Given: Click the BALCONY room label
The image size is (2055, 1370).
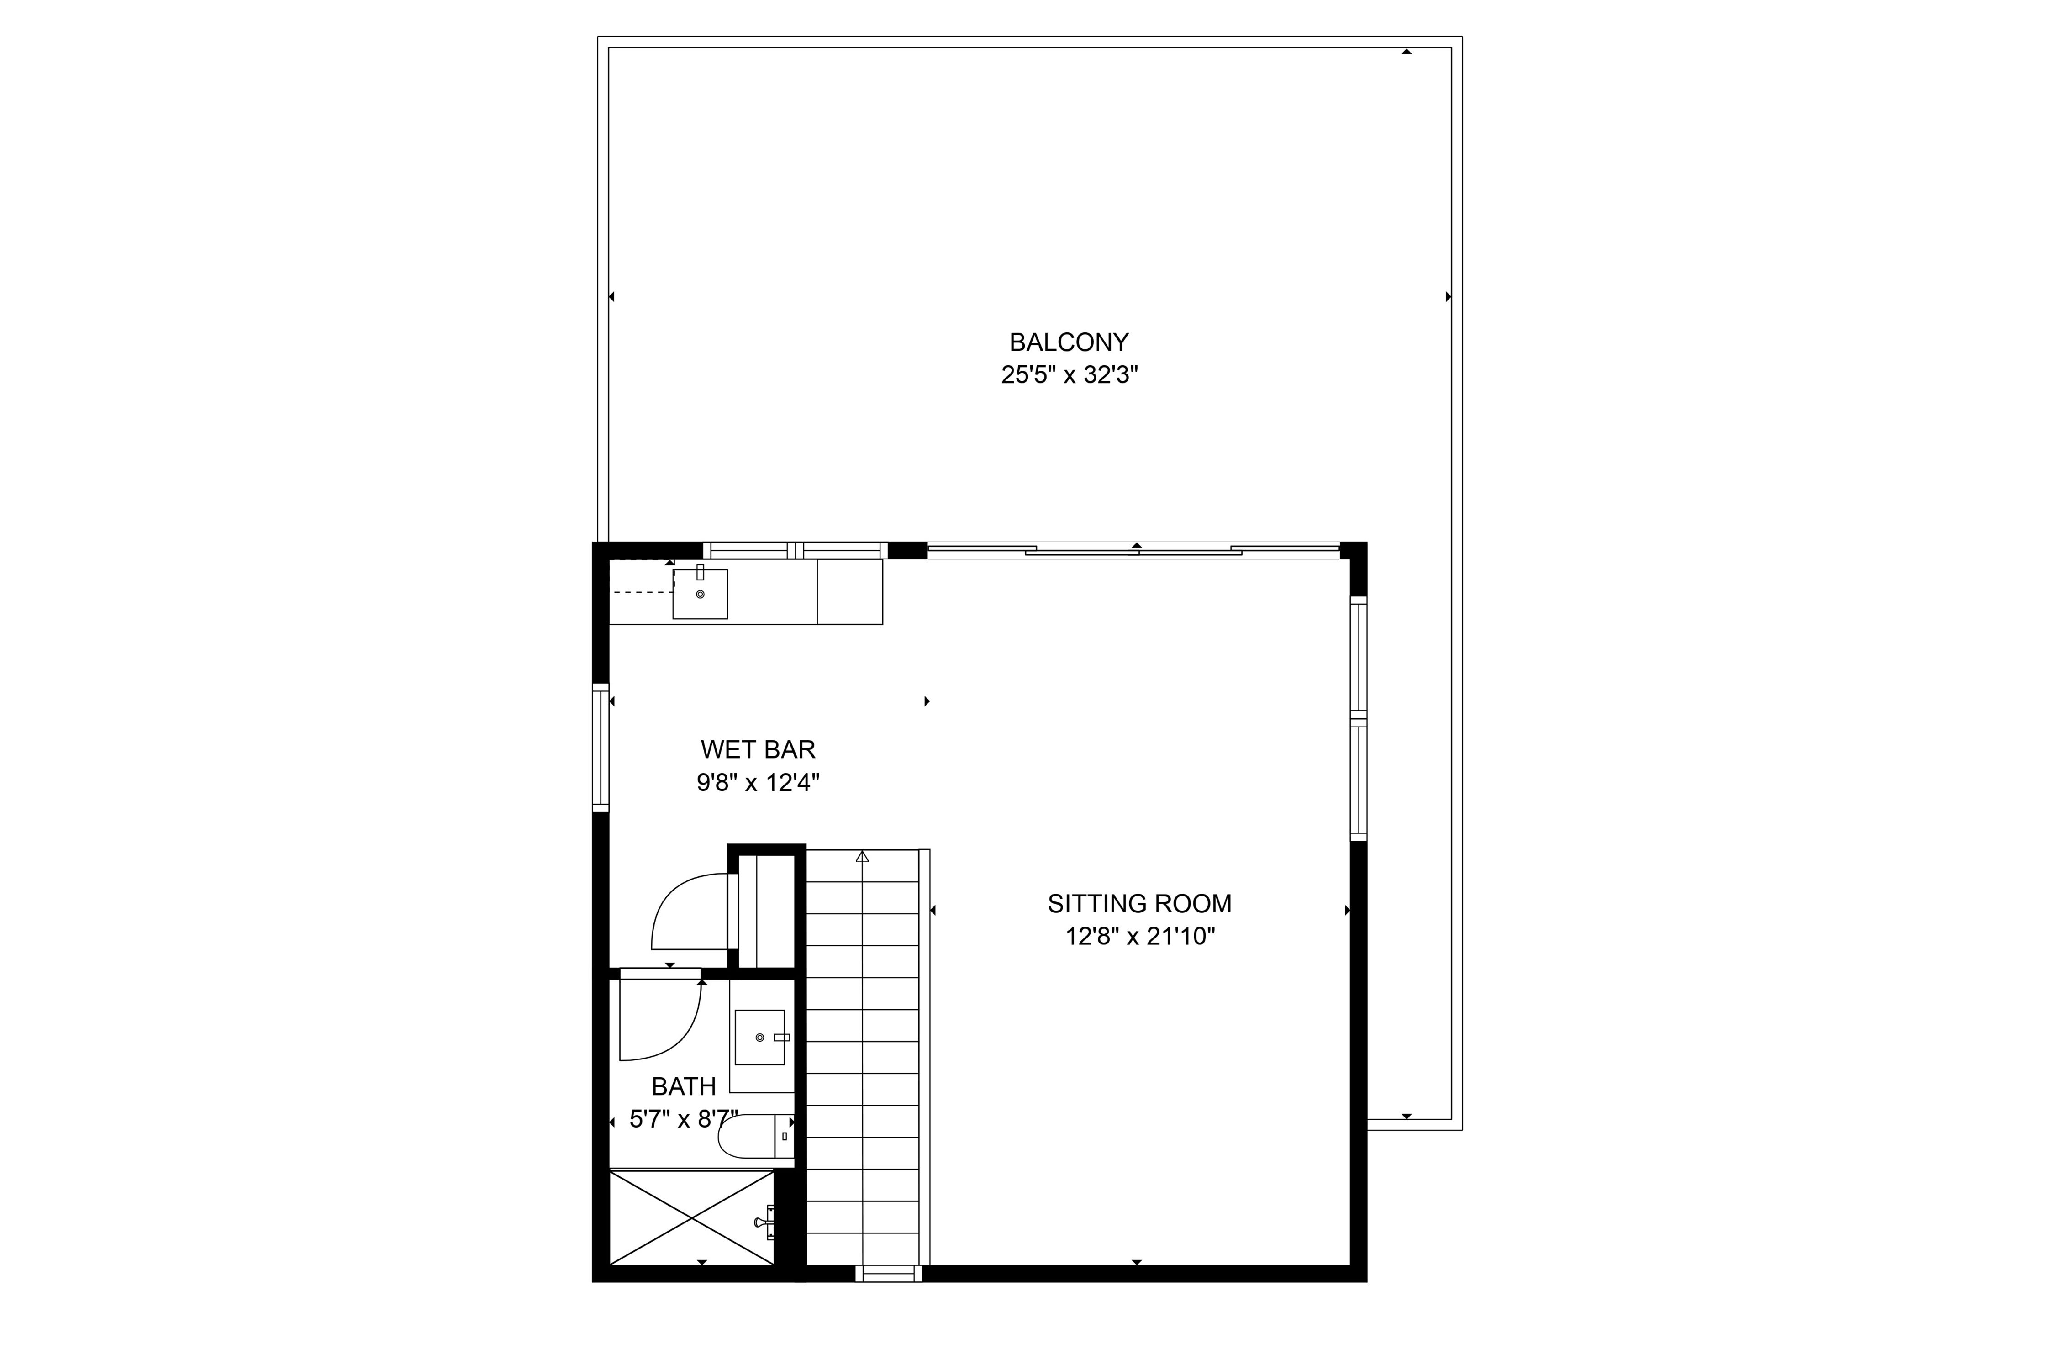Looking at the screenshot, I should point(1069,342).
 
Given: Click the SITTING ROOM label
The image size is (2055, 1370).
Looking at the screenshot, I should point(1139,903).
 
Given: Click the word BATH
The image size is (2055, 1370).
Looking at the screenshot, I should point(683,1086).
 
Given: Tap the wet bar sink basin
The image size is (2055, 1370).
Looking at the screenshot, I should point(700,594).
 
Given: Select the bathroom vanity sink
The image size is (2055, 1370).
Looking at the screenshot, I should point(759,1037).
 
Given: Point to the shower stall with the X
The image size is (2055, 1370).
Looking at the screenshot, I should point(691,1217).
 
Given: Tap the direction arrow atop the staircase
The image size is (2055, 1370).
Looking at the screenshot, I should point(862,857).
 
